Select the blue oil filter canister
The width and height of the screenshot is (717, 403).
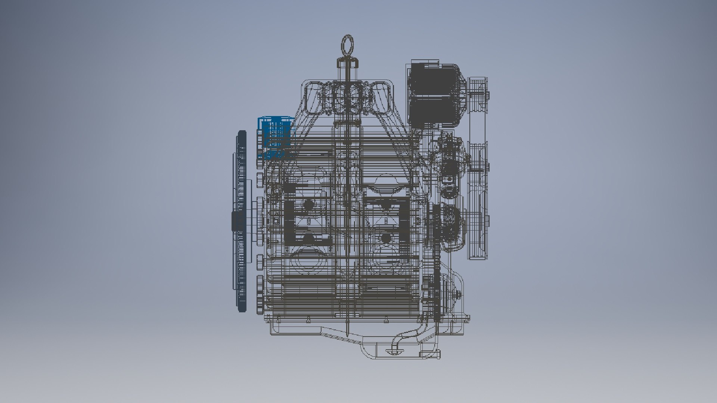[276, 136]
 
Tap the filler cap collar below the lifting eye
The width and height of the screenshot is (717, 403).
[348, 63]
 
